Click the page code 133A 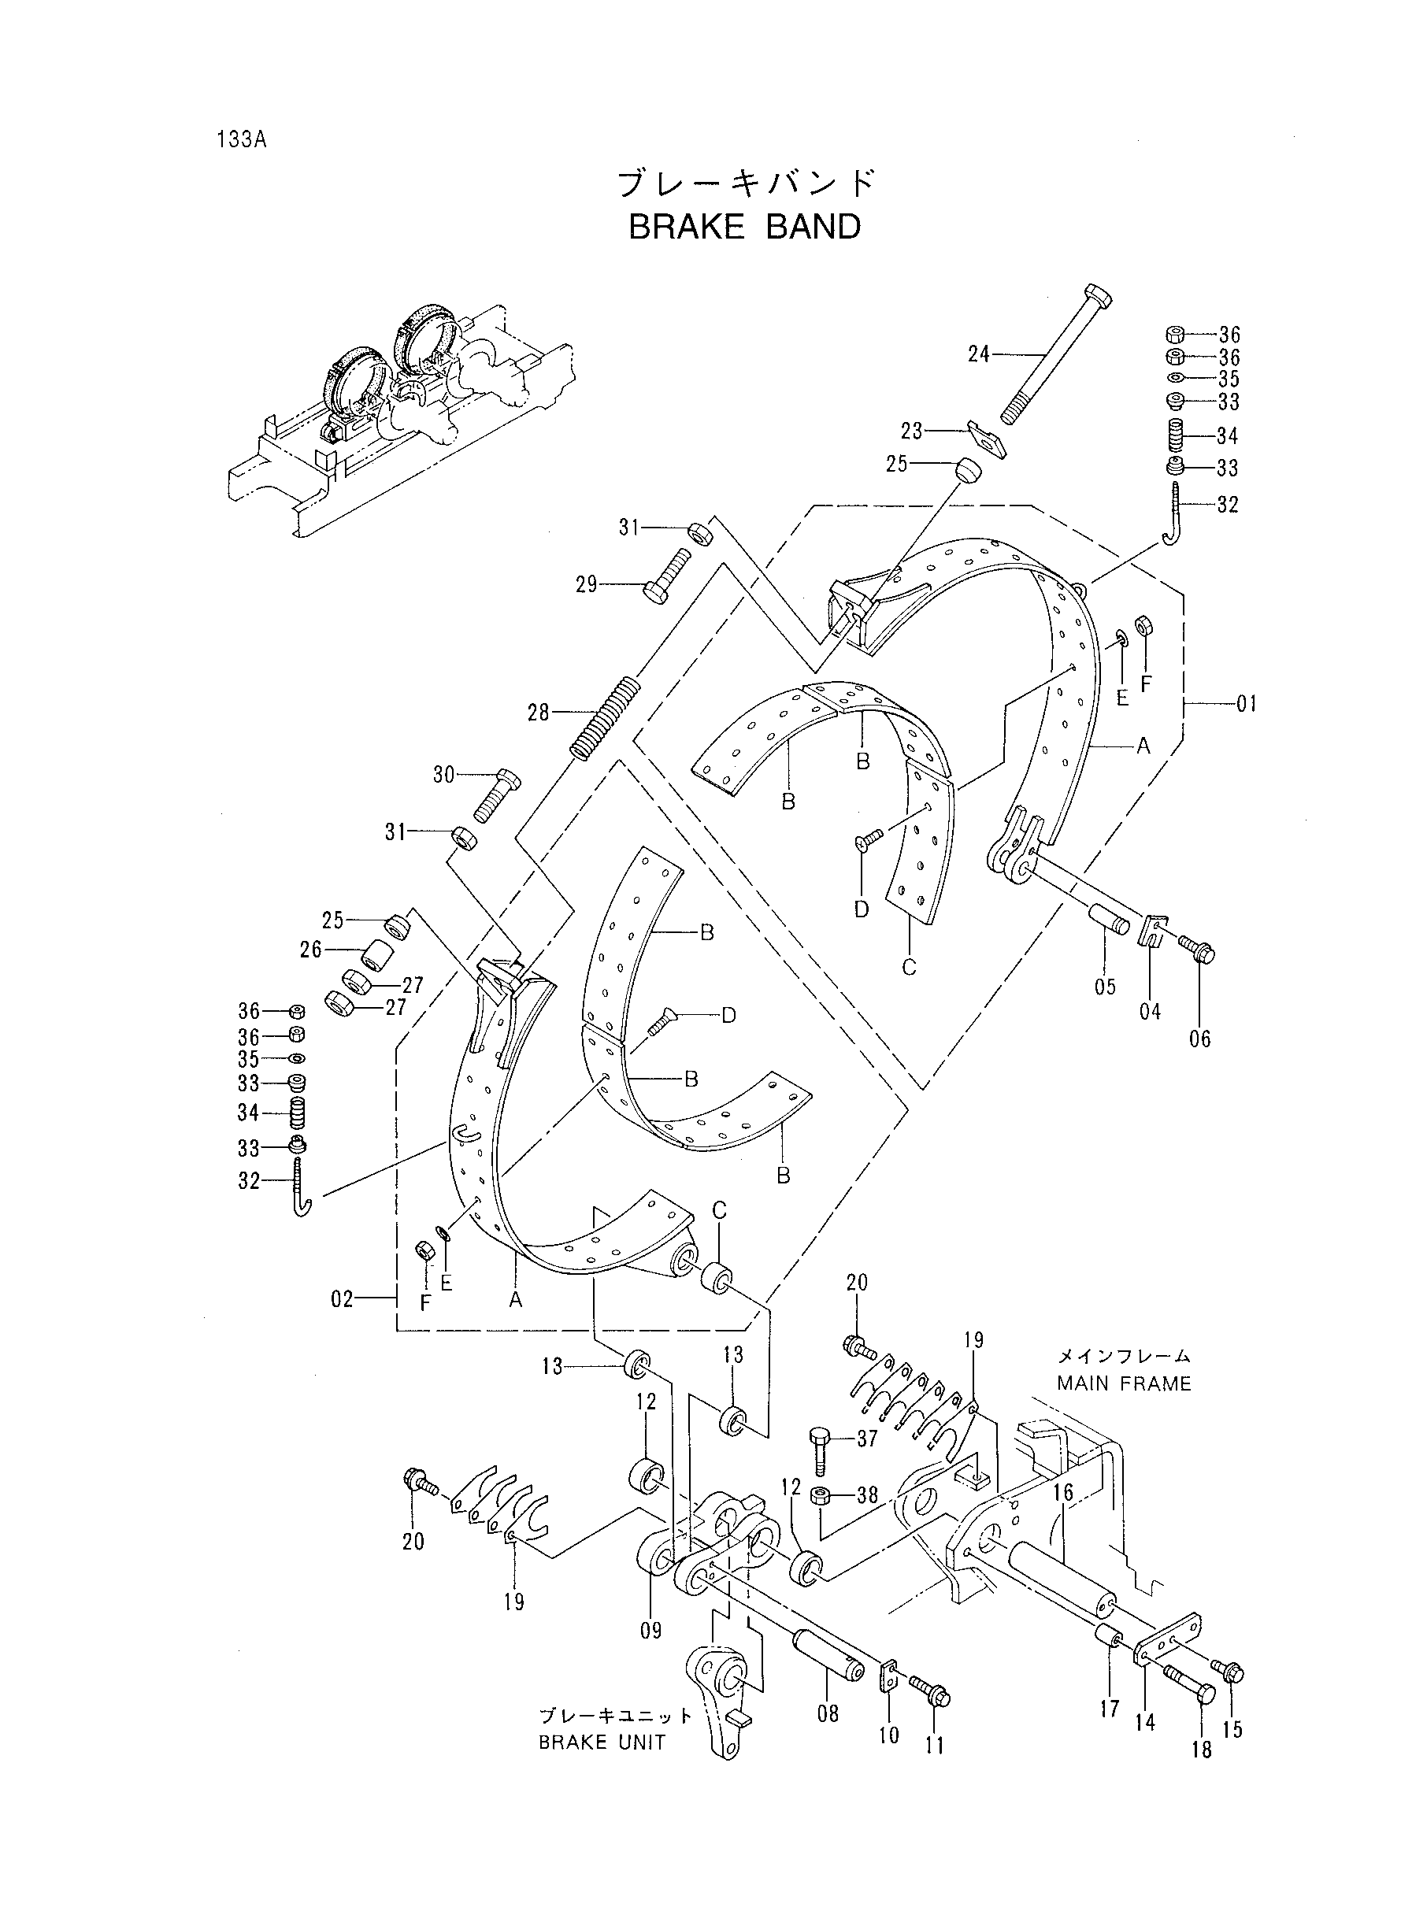[x=242, y=140]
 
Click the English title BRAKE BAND [x=744, y=228]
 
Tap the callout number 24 [x=979, y=354]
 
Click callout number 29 [x=587, y=584]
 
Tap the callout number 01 [x=1246, y=703]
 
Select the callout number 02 [x=342, y=1322]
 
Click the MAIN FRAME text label [x=1124, y=1383]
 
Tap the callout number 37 [x=867, y=1438]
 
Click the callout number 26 [x=310, y=950]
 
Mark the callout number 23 [x=912, y=431]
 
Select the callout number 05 [x=1105, y=986]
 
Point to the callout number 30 [x=444, y=774]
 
